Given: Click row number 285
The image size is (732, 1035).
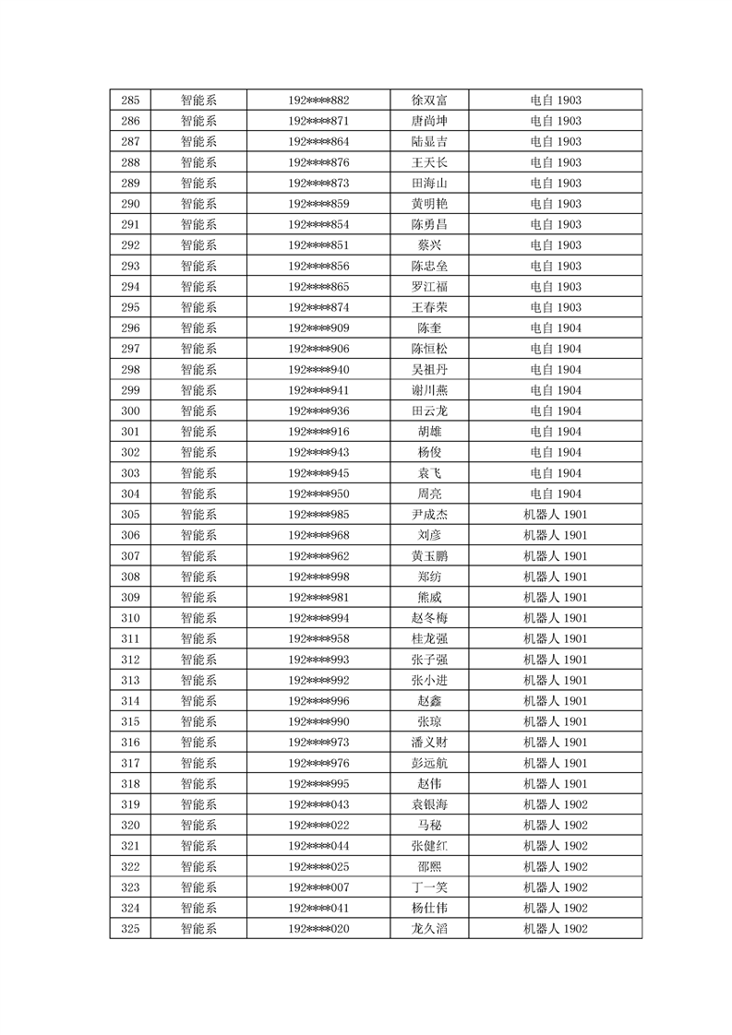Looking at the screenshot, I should (130, 101).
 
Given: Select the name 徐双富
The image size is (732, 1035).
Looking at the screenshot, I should (429, 101).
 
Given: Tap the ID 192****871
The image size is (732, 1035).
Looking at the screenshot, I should (318, 121).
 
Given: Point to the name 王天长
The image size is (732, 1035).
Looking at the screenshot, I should (429, 162).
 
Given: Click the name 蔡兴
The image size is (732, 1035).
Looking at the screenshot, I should (429, 245).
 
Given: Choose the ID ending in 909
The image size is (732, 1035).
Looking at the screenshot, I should (318, 328).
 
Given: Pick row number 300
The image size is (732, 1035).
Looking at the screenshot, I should (130, 410).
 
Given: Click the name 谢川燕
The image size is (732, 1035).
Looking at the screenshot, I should (429, 390).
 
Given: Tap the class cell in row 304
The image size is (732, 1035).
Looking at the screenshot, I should (555, 494).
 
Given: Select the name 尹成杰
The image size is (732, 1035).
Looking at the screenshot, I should (429, 515).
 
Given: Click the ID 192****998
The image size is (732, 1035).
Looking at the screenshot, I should (318, 577).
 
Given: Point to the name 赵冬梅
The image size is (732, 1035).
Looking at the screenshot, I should (429, 618).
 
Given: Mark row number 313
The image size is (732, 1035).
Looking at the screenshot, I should (130, 680).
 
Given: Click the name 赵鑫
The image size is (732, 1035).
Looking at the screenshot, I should (429, 701).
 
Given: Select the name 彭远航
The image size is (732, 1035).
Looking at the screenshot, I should (429, 763).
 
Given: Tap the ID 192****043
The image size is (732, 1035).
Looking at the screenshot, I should (318, 804).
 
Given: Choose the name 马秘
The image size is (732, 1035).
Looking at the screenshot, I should (429, 825).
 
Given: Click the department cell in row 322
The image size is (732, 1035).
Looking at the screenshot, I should (198, 866).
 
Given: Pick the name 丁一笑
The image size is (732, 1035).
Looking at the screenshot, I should (429, 887).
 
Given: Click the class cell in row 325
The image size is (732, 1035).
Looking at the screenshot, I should (555, 929).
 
